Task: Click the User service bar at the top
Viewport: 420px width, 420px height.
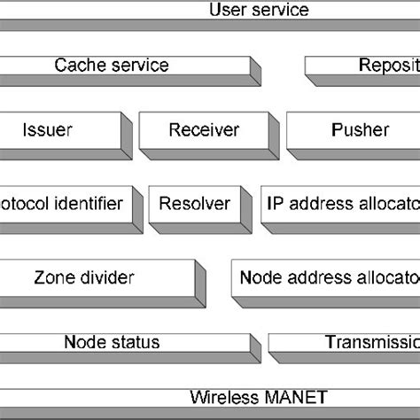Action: click(210, 12)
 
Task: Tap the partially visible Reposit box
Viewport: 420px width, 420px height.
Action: click(363, 66)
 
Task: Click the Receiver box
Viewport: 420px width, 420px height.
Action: click(203, 130)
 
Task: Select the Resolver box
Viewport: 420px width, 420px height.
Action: click(194, 204)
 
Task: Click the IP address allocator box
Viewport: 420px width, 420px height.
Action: click(341, 204)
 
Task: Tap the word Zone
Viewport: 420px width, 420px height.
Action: click(52, 277)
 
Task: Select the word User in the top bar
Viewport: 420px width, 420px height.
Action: click(227, 11)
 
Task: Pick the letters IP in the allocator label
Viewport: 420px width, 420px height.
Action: click(274, 204)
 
